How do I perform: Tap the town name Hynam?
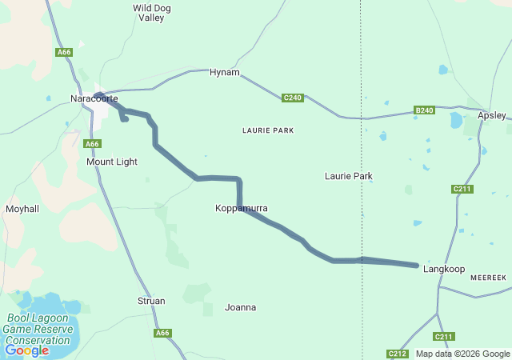[x=224, y=73]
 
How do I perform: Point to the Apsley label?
[x=491, y=115]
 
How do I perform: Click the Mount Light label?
[x=112, y=162]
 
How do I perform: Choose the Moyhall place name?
[x=22, y=209]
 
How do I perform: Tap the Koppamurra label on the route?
[x=241, y=208]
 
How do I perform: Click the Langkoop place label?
[x=444, y=270]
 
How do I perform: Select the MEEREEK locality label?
[x=489, y=277]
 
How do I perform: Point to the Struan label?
[x=151, y=301]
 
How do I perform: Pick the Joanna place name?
[x=241, y=307]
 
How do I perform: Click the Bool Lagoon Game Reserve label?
[x=36, y=329]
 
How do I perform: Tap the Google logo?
[x=26, y=350]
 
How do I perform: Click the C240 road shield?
[x=293, y=98]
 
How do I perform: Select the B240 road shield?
[x=425, y=110]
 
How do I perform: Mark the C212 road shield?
[x=398, y=354]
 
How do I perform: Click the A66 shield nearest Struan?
[x=163, y=333]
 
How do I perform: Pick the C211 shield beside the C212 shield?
[x=444, y=337]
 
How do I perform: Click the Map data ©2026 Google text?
[x=462, y=354]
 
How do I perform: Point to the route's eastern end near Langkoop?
[x=417, y=265]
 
